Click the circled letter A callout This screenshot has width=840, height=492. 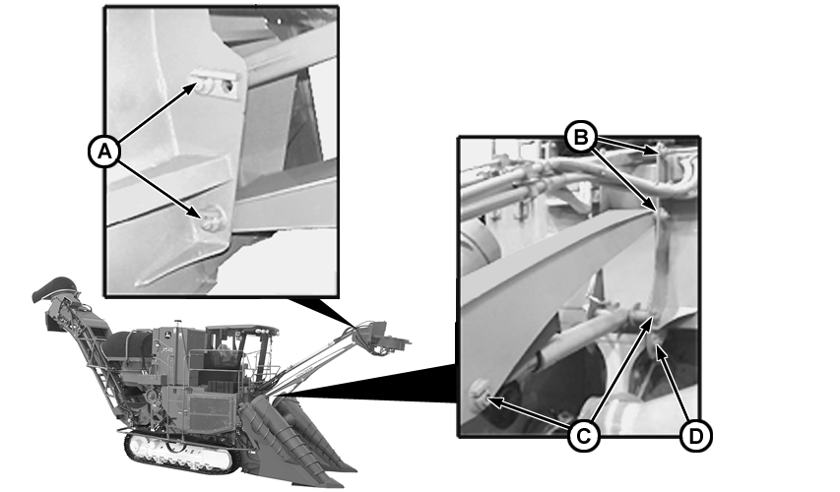coord(104,152)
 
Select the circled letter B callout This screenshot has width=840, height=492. coord(581,137)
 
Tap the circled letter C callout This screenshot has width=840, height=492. coord(583,436)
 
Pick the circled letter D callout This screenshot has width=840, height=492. coord(695,436)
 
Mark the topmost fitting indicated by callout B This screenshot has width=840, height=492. coord(662,150)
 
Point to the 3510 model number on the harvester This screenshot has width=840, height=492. coord(166,349)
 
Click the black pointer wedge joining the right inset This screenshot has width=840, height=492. coord(375,385)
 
